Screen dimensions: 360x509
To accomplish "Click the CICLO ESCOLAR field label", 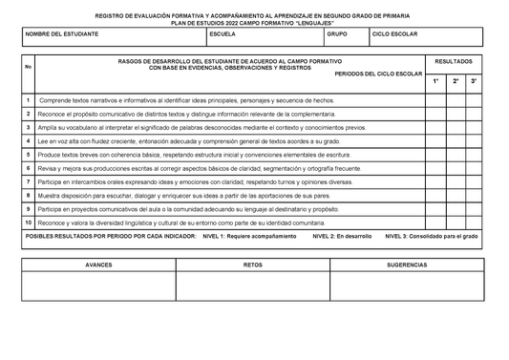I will [x=394, y=33].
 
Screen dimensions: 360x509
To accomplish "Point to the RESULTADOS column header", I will [x=453, y=61].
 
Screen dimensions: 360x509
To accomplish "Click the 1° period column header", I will [x=435, y=81].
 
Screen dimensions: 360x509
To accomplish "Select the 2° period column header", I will [x=456, y=81].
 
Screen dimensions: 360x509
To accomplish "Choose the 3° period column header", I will [x=476, y=81].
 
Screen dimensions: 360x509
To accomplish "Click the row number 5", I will [x=29, y=154].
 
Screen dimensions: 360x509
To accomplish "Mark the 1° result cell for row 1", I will [x=435, y=99].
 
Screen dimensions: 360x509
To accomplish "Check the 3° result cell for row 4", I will [x=476, y=140].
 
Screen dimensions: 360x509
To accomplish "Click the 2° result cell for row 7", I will [x=456, y=180].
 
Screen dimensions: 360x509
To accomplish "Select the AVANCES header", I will [x=98, y=265].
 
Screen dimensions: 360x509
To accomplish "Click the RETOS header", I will [x=253, y=265].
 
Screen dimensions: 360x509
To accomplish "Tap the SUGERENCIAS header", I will [x=407, y=265].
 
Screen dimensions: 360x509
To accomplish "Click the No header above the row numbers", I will [x=29, y=67].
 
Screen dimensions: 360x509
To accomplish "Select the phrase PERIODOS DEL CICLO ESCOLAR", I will [x=378, y=73].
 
